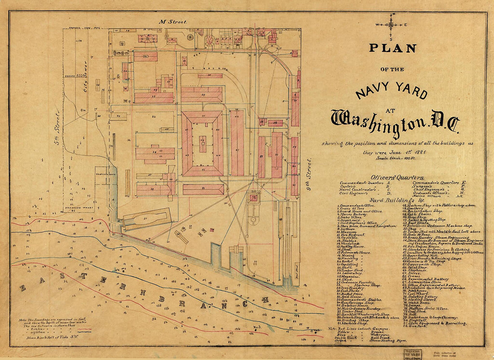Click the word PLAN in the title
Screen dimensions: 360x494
[393, 48]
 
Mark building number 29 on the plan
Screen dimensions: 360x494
[202, 95]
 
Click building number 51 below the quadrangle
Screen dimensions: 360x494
[203, 189]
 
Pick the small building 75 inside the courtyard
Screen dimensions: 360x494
[203, 143]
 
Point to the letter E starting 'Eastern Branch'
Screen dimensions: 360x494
[22, 288]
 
